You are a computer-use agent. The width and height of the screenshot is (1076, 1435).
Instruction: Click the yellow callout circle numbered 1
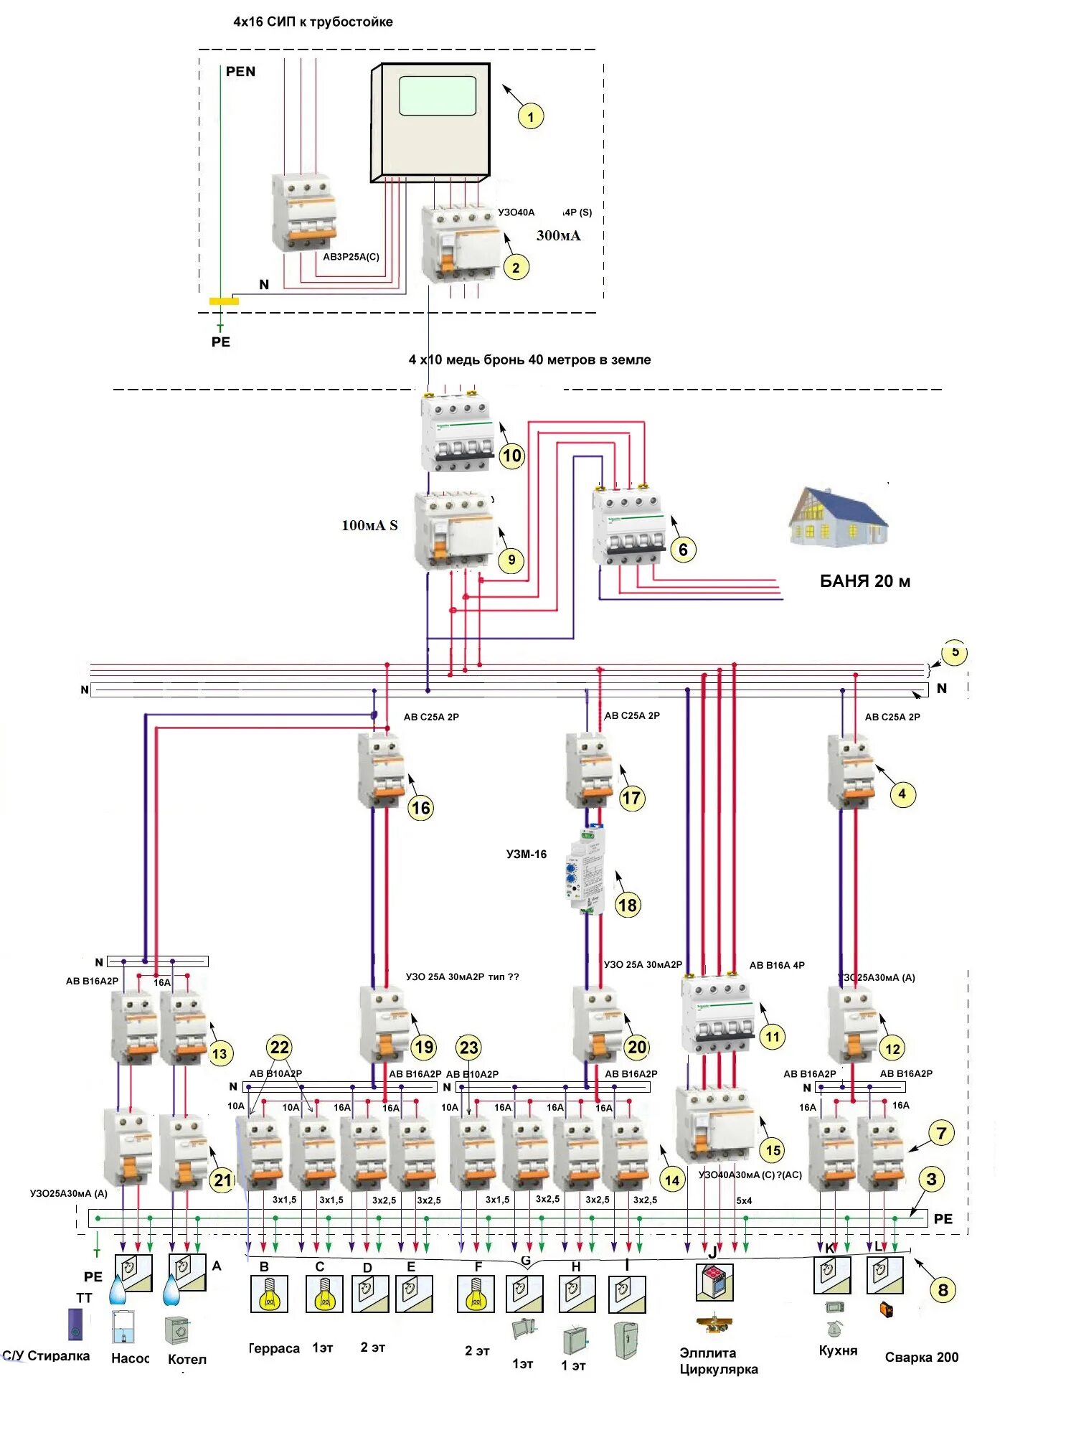[x=531, y=116]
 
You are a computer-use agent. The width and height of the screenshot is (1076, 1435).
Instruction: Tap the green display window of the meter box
[x=438, y=96]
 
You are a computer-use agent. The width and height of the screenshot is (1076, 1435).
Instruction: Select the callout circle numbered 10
[x=511, y=456]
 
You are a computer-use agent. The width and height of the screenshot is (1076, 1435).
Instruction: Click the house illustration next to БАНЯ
[x=838, y=517]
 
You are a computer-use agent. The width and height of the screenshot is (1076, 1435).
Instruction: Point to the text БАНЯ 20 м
[x=865, y=582]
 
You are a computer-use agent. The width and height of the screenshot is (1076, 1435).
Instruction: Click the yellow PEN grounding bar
[x=224, y=301]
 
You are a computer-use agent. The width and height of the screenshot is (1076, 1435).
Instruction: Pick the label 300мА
[x=559, y=236]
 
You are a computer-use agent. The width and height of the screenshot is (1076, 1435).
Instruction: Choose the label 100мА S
[x=369, y=525]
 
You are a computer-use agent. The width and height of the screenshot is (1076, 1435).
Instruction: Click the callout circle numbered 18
[x=628, y=905]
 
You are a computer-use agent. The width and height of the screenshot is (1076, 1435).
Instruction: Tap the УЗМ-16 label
[x=527, y=855]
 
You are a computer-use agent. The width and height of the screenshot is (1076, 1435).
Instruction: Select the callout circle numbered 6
[x=683, y=550]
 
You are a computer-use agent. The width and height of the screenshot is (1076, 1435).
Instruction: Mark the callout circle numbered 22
[x=280, y=1048]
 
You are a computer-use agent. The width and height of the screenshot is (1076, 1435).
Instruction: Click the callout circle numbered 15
[x=773, y=1150]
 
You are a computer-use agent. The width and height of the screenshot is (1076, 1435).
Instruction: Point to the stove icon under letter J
[x=714, y=1283]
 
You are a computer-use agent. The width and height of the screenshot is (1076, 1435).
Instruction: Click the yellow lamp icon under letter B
[x=269, y=1294]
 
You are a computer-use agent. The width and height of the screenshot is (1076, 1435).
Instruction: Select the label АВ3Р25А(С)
[x=351, y=257]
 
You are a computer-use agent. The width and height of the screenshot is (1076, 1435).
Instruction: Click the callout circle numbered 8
[x=943, y=1290]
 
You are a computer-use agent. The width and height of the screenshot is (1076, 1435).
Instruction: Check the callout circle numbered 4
[x=902, y=794]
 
